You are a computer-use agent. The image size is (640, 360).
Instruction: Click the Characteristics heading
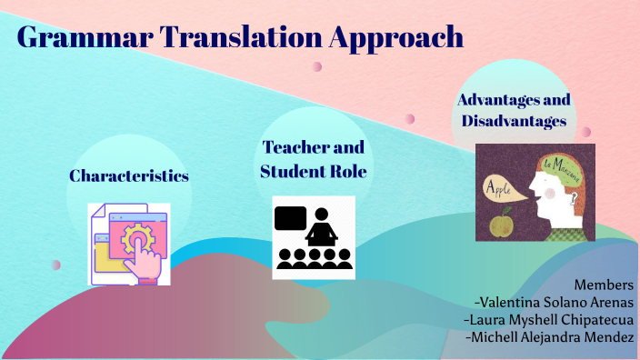(129, 175)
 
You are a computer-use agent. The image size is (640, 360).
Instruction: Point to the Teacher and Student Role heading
(314, 159)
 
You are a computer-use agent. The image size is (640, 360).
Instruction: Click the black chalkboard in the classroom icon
(289, 219)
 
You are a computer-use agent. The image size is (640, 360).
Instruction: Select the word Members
(604, 285)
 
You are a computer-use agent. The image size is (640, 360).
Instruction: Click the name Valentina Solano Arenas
(554, 302)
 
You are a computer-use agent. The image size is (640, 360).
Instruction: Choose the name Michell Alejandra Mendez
(549, 337)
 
